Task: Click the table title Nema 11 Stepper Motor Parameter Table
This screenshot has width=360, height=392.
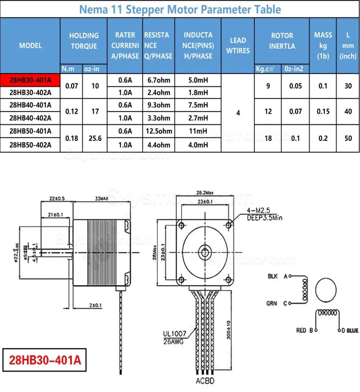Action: tap(180, 9)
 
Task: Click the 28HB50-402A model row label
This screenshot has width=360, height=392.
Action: tap(30, 145)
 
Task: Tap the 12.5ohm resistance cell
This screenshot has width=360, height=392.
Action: tap(159, 131)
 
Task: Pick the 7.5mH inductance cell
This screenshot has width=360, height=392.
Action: tap(198, 105)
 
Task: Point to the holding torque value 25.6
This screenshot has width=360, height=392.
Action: tap(95, 138)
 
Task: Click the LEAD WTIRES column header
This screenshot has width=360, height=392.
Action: tap(238, 45)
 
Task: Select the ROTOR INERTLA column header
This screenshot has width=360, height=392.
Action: tap(282, 41)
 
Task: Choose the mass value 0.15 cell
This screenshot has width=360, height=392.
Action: tap(323, 111)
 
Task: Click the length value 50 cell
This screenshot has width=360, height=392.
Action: tap(348, 138)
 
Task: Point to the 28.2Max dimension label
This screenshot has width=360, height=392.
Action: tap(205, 192)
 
